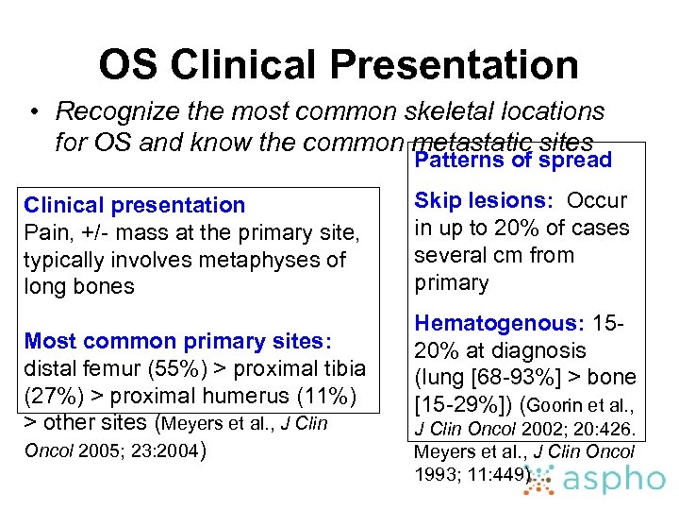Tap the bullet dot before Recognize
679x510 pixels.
click(34, 112)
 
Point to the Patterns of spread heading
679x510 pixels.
click(513, 160)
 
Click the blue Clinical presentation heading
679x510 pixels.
click(134, 205)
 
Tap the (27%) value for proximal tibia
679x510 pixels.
click(53, 396)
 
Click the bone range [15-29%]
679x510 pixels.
click(467, 405)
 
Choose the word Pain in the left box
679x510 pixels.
click(44, 232)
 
